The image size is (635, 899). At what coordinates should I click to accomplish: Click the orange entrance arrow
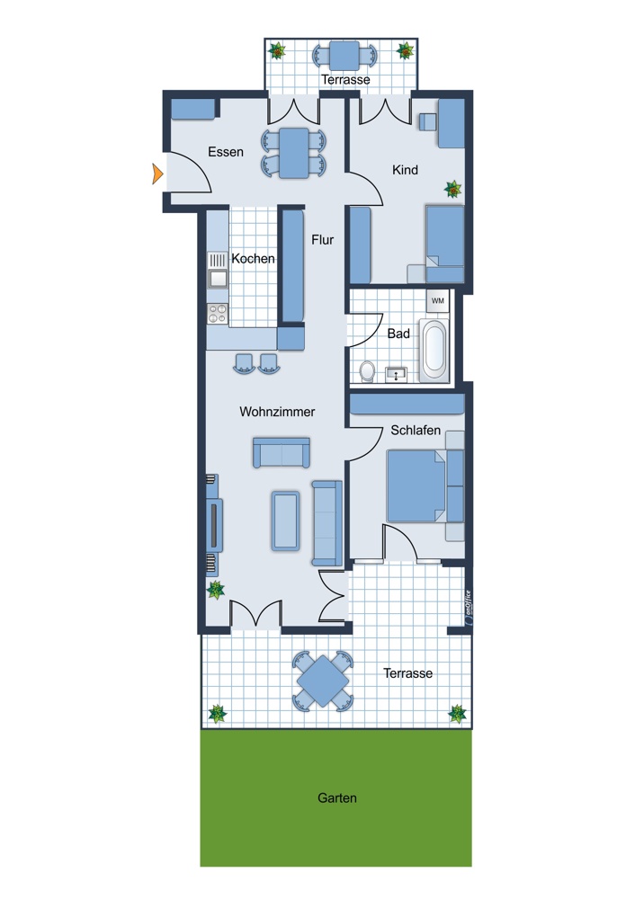point(157,174)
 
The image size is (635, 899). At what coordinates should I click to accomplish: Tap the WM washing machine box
point(438,301)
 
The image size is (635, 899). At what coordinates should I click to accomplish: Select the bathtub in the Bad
point(434,351)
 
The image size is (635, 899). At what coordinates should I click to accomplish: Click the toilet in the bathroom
point(367,371)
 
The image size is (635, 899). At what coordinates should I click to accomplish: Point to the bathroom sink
point(396,374)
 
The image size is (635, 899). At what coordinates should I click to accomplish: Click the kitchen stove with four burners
point(218,314)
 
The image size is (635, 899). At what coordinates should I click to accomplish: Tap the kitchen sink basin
point(218,279)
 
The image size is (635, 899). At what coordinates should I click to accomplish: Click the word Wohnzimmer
point(277,412)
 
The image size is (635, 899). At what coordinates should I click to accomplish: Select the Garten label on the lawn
point(337,797)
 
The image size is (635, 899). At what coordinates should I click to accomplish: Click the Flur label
point(322,240)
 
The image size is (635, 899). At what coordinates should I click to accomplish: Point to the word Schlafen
point(416,430)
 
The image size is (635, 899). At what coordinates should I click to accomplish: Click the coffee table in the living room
point(286,521)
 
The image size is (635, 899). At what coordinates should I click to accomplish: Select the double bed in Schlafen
point(416,486)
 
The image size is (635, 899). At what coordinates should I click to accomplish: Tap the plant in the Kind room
point(452,189)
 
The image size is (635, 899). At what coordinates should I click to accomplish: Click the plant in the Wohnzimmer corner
point(216,590)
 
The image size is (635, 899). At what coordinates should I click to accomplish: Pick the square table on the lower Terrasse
point(323,681)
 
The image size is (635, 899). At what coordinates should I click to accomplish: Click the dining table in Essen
point(294,153)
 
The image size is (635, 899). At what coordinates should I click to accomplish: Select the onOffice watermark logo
point(469,607)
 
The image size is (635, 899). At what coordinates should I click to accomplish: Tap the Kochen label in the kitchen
point(253,259)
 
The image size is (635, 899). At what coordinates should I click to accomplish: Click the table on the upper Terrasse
point(344,56)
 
